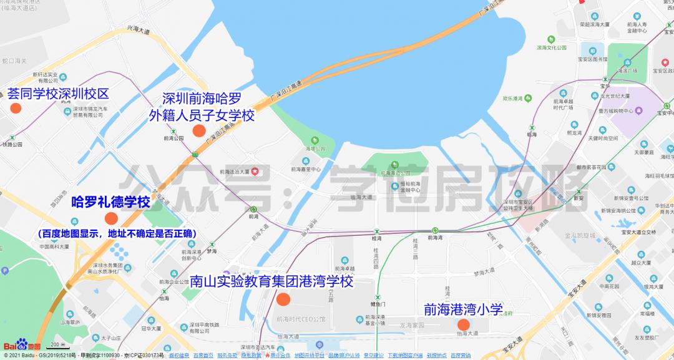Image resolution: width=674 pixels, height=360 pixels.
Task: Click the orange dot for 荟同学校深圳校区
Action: [16, 107]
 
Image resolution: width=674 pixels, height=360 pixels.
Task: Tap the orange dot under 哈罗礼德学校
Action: [111, 218]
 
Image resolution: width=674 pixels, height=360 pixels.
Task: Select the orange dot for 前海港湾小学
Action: [463, 324]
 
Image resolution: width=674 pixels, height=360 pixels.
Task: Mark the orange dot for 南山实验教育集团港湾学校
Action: [283, 299]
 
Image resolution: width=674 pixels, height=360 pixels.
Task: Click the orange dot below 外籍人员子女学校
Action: [199, 130]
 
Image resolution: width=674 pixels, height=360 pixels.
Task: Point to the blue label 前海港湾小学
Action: [463, 309]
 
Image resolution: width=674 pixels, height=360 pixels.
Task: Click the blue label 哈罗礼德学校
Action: [110, 202]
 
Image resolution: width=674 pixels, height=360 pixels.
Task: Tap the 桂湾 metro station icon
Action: [377, 230]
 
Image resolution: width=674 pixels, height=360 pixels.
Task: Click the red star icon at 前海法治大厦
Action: [255, 172]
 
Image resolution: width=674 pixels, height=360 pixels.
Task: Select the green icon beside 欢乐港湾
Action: [529, 98]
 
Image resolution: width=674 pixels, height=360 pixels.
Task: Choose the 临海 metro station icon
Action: [531, 127]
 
